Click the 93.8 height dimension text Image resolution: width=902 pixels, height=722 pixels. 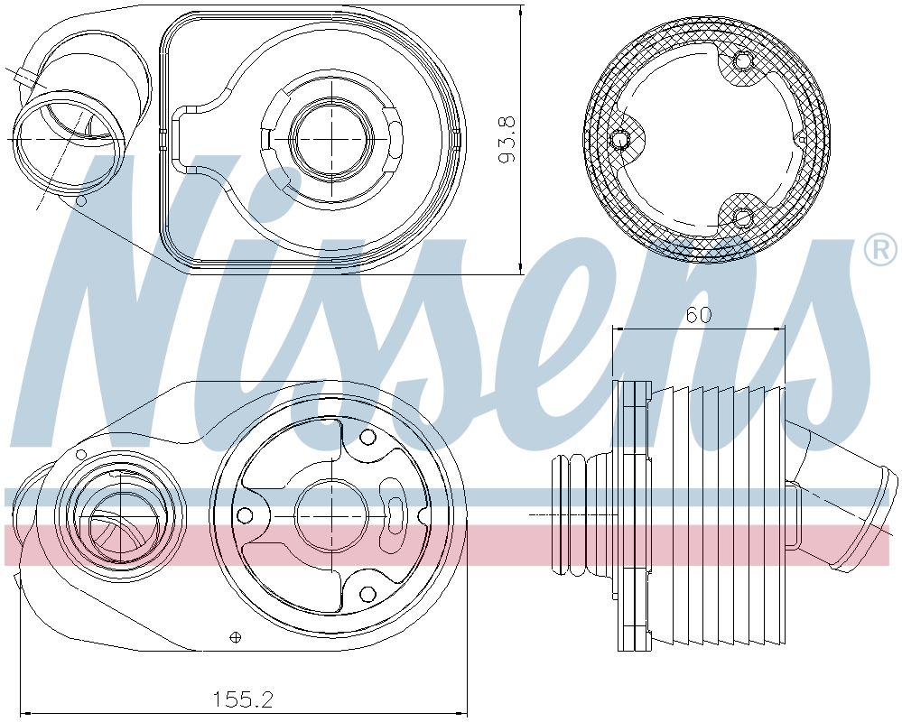click(507, 138)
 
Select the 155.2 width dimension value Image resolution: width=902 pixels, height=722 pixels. click(242, 698)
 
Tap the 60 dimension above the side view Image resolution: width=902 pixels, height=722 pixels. click(698, 315)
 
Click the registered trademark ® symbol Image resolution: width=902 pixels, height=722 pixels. click(880, 251)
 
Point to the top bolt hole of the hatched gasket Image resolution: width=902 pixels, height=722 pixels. click(742, 61)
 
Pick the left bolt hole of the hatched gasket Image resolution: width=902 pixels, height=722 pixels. click(620, 140)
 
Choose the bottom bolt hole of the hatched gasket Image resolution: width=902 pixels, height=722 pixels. click(742, 217)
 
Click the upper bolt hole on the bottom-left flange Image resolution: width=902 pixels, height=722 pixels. click(367, 438)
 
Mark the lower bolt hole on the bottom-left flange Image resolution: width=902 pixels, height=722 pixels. click(367, 593)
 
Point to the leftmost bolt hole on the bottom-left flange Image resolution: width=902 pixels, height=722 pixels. click(243, 515)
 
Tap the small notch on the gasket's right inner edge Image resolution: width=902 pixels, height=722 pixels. click(802, 139)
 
